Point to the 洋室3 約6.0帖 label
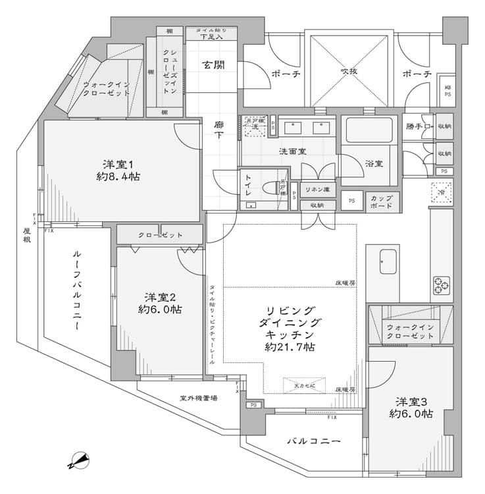click(411, 407)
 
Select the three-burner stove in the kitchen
click(442, 286)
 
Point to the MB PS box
click(447, 91)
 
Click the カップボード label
click(382, 201)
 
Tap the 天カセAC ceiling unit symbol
click(304, 385)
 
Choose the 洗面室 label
click(292, 151)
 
